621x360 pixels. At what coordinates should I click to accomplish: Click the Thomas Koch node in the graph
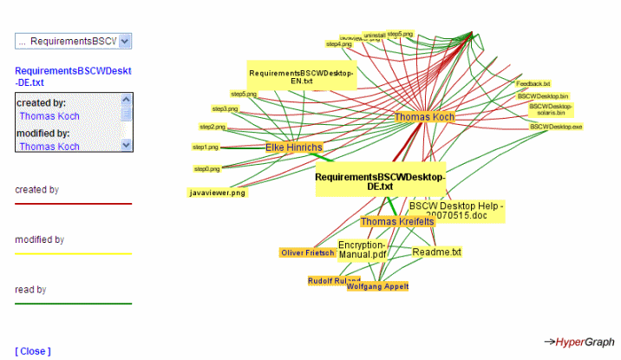pos(424,116)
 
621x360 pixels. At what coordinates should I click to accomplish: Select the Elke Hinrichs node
pos(294,147)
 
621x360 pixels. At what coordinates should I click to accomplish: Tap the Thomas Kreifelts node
pos(397,221)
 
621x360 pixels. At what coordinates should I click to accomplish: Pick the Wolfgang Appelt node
pos(377,286)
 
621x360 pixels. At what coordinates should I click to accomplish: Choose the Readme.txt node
pos(436,252)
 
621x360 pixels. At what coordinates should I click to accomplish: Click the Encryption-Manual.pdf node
pos(362,251)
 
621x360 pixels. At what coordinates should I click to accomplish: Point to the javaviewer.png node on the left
pos(218,193)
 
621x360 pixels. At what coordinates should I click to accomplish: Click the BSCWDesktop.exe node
pos(556,127)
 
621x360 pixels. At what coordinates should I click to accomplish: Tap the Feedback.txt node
pos(533,84)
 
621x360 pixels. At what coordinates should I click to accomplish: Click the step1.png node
pos(206,147)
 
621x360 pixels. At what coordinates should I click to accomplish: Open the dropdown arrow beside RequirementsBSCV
pos(125,41)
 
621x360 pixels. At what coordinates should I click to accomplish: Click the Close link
pos(33,350)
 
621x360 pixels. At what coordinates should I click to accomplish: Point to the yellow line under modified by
pos(73,253)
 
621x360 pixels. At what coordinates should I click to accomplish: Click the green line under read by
pos(73,304)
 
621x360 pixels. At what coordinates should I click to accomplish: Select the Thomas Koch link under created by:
pos(49,115)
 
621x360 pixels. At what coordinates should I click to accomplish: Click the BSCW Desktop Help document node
pos(456,211)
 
